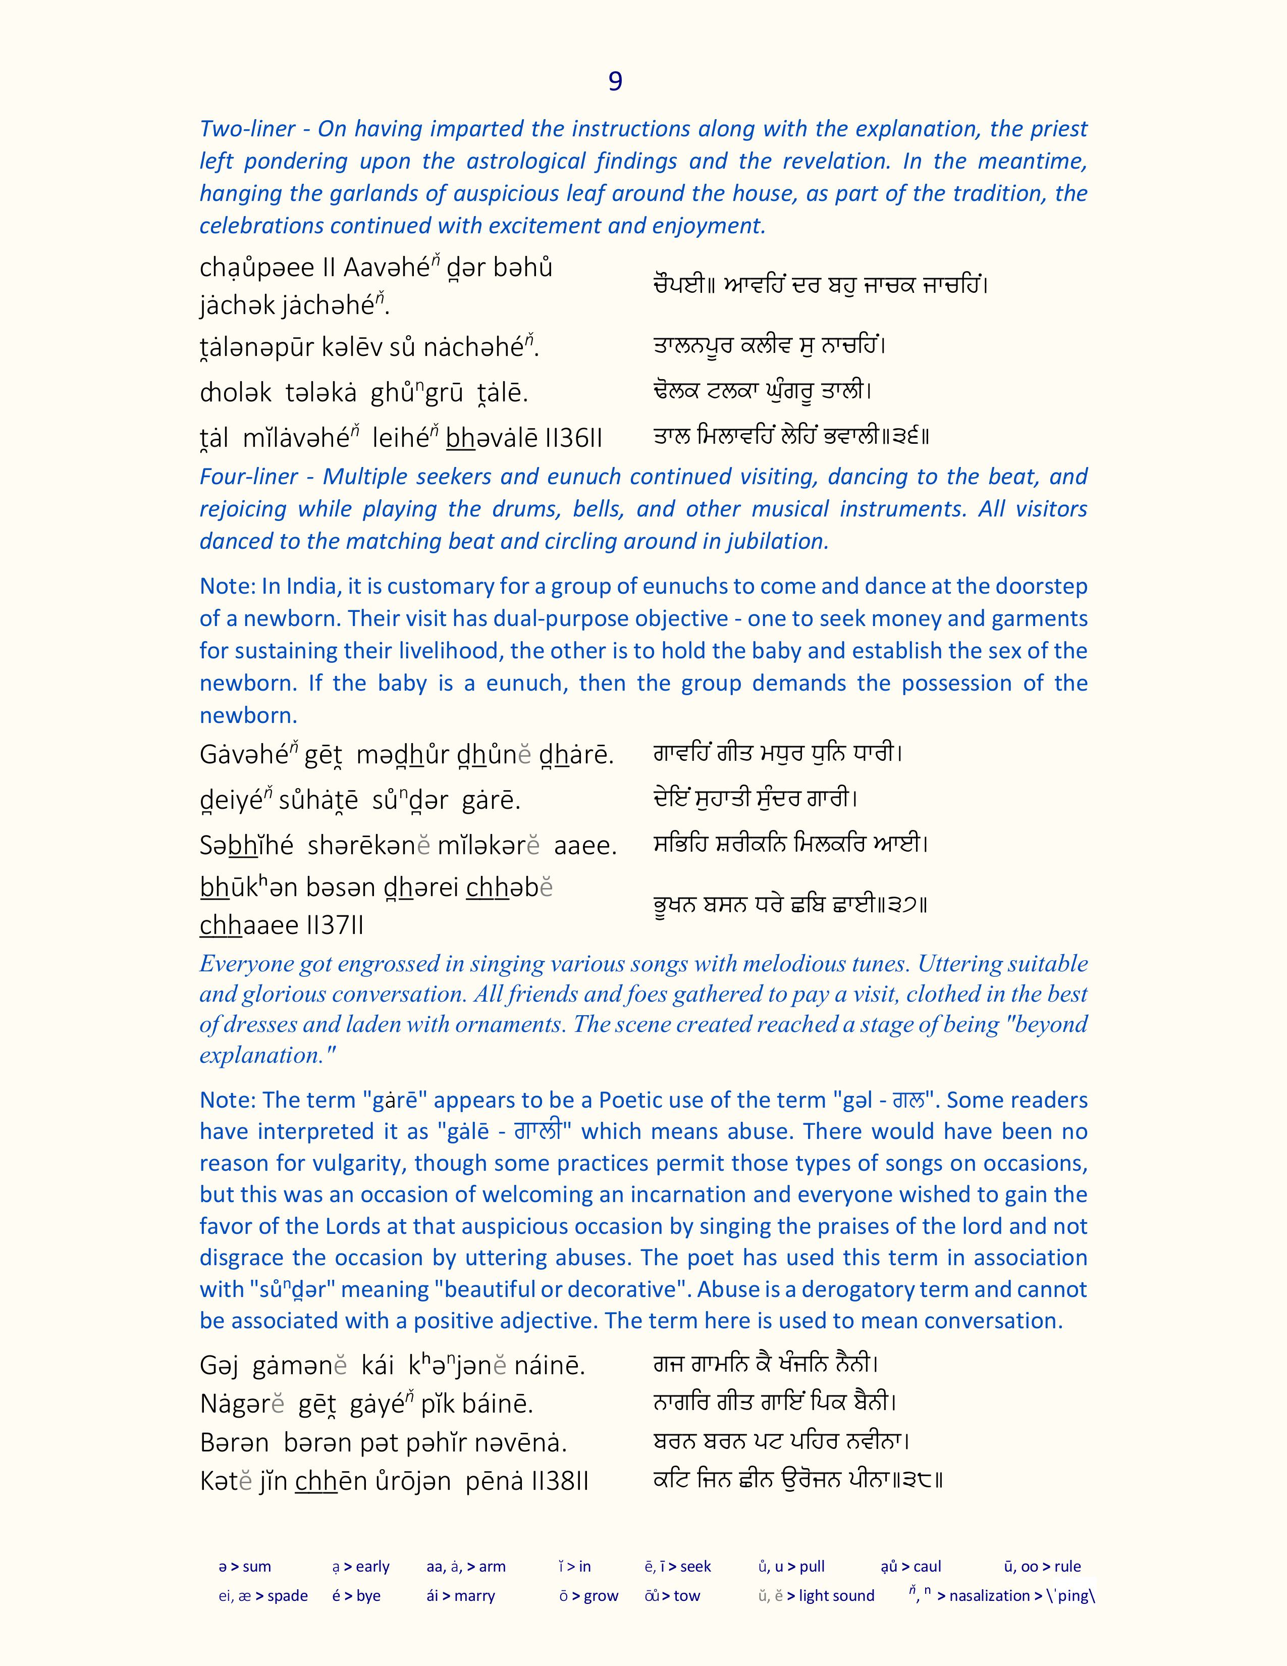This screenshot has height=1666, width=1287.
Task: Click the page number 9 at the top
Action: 615,81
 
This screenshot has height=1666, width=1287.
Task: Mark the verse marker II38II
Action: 558,1481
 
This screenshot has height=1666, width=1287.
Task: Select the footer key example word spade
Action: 288,1596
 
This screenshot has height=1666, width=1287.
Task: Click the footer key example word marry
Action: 474,1596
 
